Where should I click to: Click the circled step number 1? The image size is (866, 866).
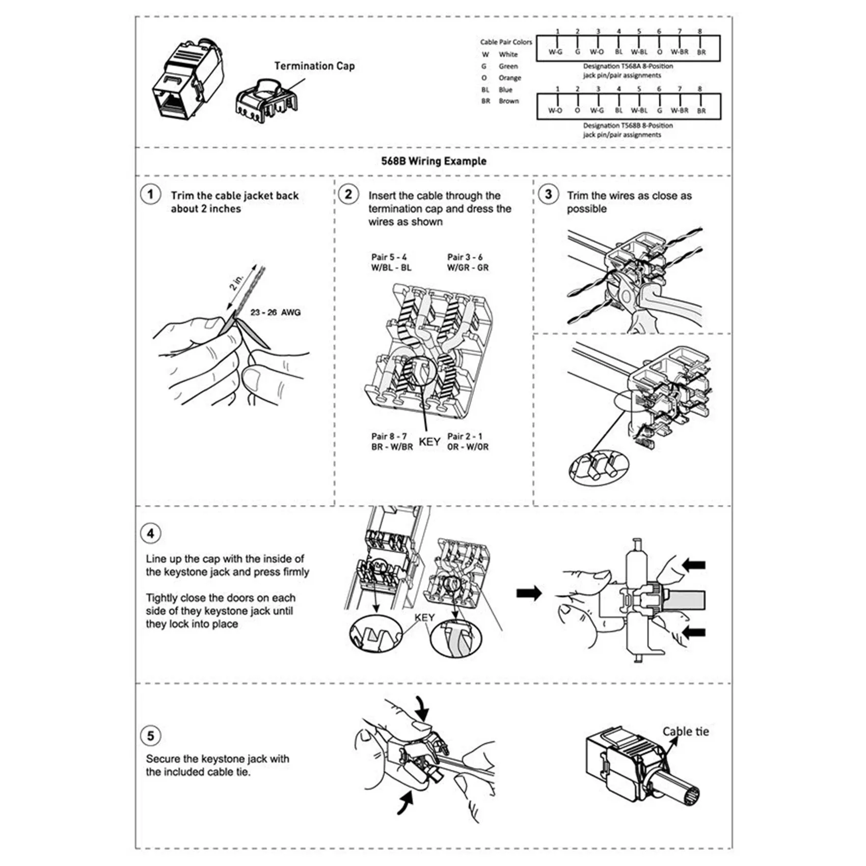pos(150,195)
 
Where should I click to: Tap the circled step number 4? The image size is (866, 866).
pos(150,533)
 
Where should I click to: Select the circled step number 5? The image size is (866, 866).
pos(150,736)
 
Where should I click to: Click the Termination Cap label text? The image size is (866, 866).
pos(314,66)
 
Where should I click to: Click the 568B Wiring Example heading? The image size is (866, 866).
pos(434,161)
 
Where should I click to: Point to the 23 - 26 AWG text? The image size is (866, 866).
pos(275,312)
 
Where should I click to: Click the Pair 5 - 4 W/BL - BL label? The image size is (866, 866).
pos(391,262)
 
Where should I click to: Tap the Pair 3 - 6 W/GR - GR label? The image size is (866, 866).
pos(468,262)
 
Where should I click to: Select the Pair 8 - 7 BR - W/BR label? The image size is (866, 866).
pos(392,442)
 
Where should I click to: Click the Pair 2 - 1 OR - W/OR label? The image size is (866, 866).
pos(468,442)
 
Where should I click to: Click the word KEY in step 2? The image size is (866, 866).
pos(429,442)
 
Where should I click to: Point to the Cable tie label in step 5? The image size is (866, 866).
pos(685,732)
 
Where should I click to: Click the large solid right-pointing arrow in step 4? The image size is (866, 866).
pos(529,593)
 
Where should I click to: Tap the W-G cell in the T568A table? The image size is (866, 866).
pos(555,52)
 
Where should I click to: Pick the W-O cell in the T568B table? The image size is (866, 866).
pos(555,111)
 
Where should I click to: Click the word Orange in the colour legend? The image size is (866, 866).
pos(509,78)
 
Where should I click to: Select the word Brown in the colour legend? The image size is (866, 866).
pos(508,101)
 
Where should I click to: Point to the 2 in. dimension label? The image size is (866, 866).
pos(237,281)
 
